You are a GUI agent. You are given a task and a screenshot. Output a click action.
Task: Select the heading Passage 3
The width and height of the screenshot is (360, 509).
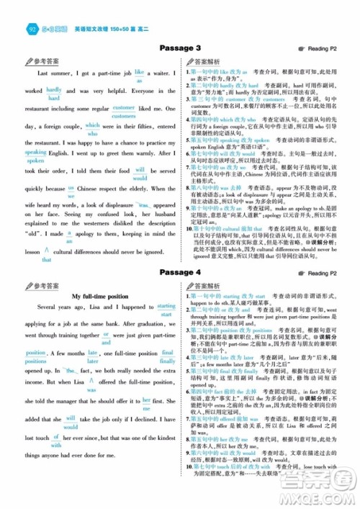[180, 48]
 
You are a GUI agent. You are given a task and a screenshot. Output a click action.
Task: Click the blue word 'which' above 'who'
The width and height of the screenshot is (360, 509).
[93, 125]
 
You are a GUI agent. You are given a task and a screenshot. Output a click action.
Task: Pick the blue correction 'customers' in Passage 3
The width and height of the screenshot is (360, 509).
[124, 115]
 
